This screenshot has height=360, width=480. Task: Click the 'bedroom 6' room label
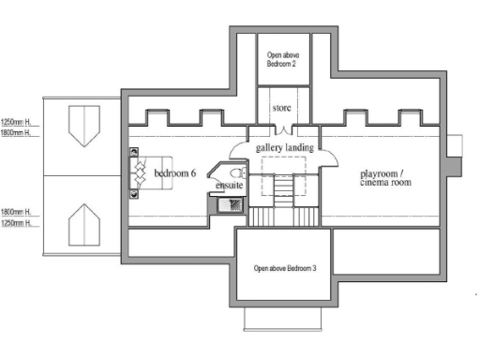coord(174,174)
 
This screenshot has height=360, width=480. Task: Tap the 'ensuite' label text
coord(230,186)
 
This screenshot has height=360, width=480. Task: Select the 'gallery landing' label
coord(284,148)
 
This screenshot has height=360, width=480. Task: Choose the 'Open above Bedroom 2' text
coord(284,60)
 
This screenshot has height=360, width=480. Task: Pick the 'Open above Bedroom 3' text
coord(285,269)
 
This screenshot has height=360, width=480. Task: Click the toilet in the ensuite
coord(236,172)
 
